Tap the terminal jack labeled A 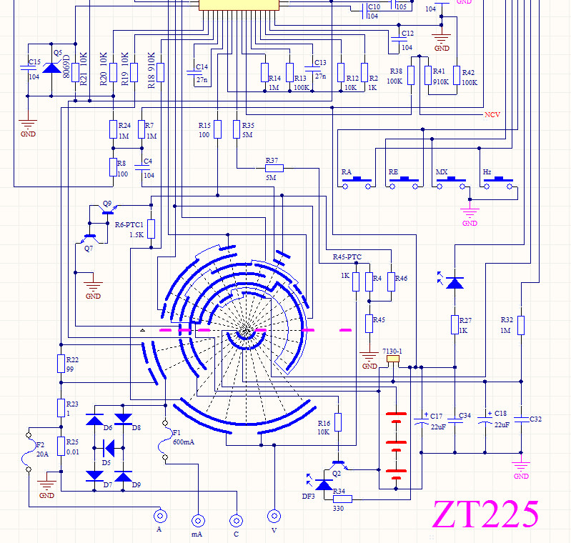(x=161, y=515)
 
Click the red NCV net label (x=492, y=114)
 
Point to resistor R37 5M (x=274, y=169)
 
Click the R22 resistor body (x=61, y=364)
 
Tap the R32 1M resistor (x=522, y=324)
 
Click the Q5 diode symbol (x=50, y=69)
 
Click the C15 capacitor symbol (x=28, y=69)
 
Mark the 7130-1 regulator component (x=392, y=360)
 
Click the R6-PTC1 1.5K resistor (x=151, y=229)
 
